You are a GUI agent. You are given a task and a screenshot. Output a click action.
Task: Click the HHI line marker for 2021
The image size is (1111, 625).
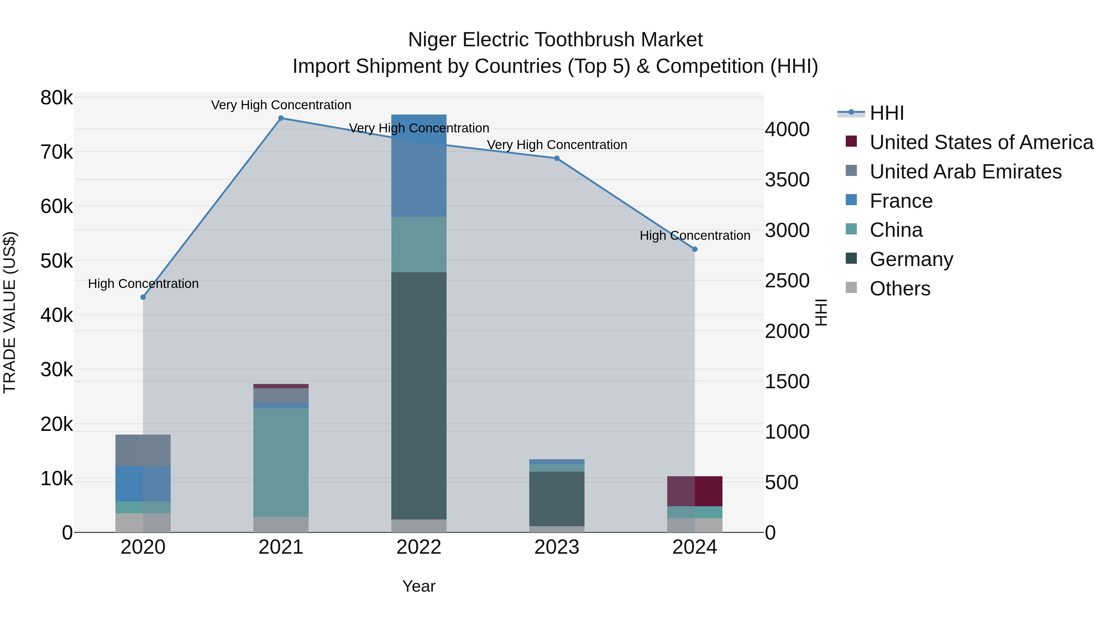tap(281, 118)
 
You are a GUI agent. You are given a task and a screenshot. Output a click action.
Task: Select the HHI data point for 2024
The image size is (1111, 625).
tap(694, 249)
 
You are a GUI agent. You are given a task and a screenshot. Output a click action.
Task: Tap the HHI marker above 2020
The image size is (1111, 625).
tap(143, 297)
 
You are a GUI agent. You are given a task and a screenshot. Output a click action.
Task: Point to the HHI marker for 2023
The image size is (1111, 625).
tap(556, 158)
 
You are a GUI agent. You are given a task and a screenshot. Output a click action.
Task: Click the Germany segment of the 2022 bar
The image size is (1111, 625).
tap(418, 396)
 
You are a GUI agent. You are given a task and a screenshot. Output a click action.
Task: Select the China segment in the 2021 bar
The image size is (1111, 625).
tap(281, 462)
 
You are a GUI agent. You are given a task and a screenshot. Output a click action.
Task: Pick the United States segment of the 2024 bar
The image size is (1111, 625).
tap(694, 491)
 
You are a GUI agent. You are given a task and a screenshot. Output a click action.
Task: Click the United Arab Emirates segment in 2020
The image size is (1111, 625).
tap(143, 450)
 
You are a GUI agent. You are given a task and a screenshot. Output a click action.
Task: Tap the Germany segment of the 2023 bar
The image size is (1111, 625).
tap(556, 499)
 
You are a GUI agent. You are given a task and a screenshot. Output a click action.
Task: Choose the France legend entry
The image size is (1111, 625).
tap(901, 201)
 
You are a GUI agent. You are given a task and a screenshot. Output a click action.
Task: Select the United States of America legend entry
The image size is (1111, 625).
tap(981, 142)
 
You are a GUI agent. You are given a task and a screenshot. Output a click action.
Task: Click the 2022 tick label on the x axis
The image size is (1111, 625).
tap(418, 547)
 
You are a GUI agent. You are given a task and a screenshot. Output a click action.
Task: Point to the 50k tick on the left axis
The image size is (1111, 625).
tap(56, 261)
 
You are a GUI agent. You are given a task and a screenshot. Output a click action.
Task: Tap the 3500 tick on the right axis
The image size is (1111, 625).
tap(787, 180)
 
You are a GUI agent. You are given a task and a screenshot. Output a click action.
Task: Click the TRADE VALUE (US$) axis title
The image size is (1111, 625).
tap(10, 312)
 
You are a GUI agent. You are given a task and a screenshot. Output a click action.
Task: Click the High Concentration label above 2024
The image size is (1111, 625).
tap(694, 235)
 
